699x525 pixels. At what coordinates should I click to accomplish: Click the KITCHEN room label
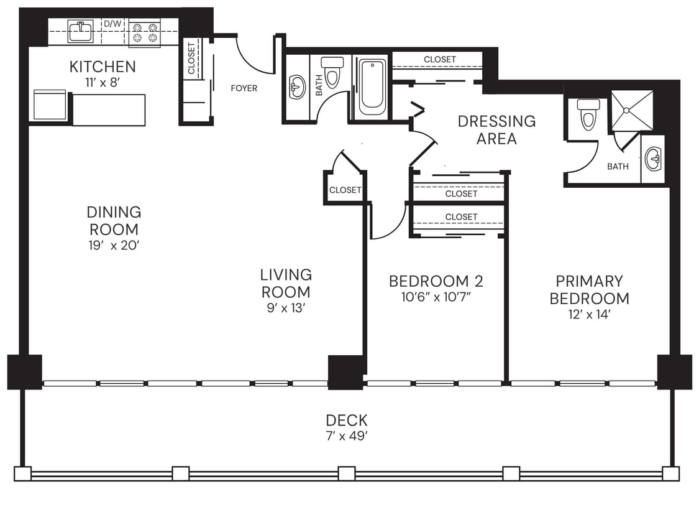pos(103,67)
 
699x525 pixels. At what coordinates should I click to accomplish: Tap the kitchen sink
pos(80,30)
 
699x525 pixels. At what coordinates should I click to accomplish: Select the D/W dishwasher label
pos(112,24)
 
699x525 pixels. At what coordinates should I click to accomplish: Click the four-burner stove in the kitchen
pos(145,33)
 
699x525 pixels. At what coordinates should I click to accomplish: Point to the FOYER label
pos(244,88)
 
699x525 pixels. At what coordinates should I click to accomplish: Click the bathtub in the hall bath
pos(372,87)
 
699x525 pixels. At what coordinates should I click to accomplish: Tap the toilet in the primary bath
pos(588,114)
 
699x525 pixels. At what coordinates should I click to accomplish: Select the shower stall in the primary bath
pos(632,111)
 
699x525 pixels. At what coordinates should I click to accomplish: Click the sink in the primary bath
pos(653,159)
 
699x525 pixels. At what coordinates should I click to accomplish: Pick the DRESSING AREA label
pos(496,129)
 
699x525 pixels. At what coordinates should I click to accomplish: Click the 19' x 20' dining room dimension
pos(114,245)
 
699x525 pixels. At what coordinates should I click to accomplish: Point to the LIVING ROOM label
pos(286,283)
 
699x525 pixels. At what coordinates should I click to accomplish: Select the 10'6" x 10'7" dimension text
pos(436,297)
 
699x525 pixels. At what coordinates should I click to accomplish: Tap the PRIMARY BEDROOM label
pos(589,290)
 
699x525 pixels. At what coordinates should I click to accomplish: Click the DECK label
pos(347,420)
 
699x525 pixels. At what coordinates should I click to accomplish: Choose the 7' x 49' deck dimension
pos(347,436)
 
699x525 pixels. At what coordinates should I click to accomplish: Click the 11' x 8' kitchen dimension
pos(103,83)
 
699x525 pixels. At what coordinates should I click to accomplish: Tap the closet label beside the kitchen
pos(191,57)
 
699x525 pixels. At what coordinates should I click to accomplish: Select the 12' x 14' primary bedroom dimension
pos(589,315)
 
